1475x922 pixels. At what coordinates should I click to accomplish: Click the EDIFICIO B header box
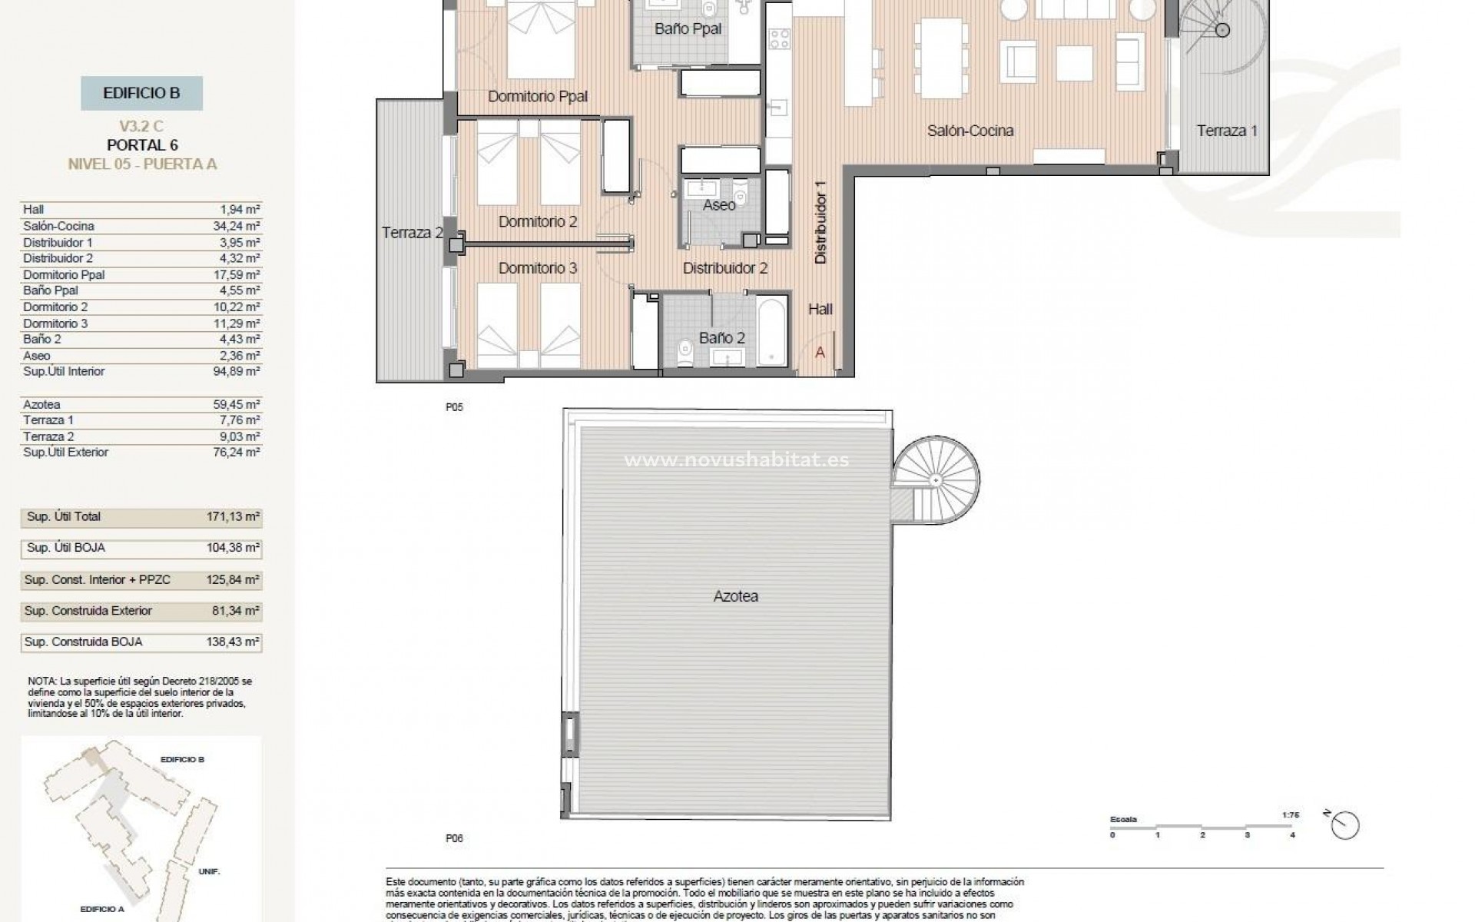click(141, 94)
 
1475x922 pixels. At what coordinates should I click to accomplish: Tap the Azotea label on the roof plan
click(735, 596)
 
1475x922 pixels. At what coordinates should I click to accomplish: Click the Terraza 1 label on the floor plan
click(1227, 131)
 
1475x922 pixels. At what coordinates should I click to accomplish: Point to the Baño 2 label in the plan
click(721, 338)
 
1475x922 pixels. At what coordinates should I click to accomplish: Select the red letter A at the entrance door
click(820, 352)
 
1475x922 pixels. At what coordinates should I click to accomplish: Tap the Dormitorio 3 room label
click(537, 268)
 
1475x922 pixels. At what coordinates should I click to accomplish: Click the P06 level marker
click(454, 839)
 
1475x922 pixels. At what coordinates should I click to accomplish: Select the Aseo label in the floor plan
click(719, 205)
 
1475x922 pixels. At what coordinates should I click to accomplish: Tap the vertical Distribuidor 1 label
click(820, 228)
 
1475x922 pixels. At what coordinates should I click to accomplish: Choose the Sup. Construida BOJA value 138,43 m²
click(240, 642)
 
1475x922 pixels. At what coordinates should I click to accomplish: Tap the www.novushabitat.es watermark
click(736, 460)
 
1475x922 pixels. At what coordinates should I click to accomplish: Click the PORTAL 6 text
click(142, 145)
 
